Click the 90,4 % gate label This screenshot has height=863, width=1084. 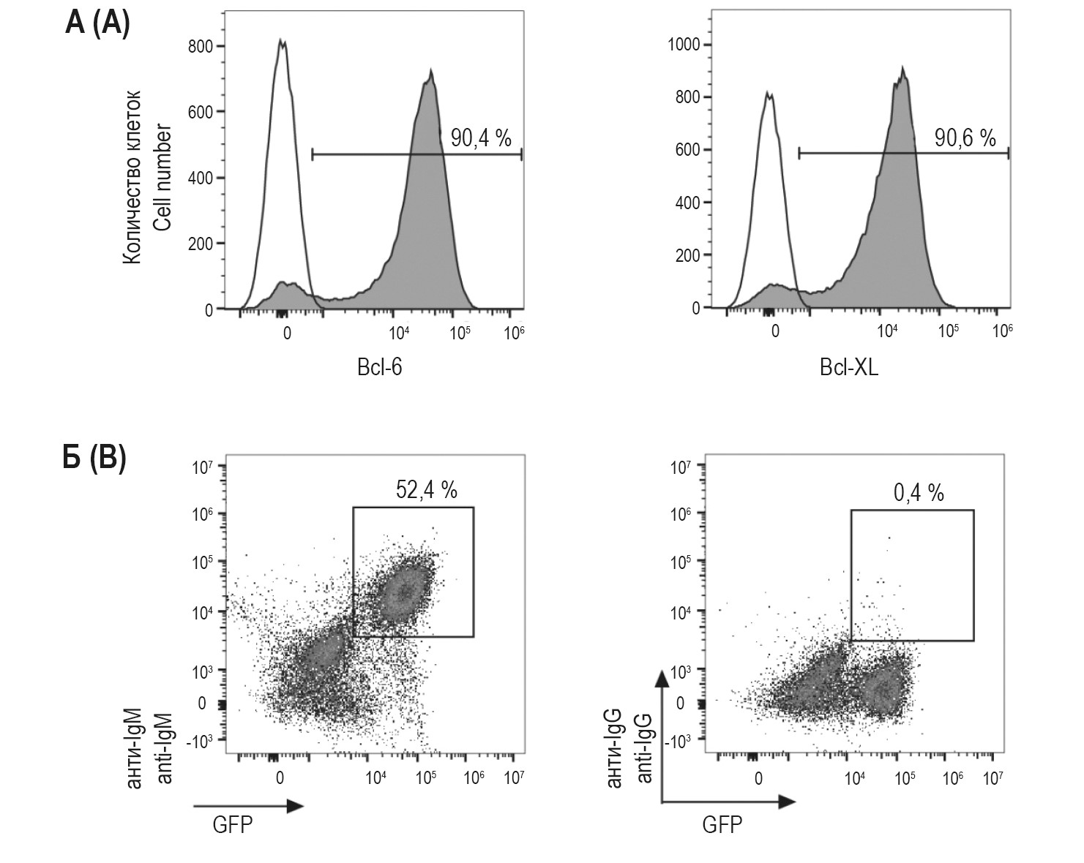point(480,137)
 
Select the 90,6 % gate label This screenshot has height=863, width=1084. point(965,137)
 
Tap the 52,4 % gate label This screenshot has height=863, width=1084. point(426,490)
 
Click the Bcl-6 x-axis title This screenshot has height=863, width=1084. point(379,367)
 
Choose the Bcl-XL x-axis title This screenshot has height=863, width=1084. point(848,367)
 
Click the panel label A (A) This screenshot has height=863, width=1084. point(97,23)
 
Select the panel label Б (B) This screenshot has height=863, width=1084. point(94,459)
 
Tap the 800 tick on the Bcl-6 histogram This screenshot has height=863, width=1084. point(202,46)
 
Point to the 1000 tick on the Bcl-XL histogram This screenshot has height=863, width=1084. point(684,45)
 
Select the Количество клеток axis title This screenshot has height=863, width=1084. point(132,178)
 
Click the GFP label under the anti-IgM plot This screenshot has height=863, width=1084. point(232,825)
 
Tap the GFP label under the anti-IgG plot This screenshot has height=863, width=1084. point(722,825)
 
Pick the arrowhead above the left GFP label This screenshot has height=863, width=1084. point(294,806)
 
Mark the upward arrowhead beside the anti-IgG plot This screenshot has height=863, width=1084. point(662,679)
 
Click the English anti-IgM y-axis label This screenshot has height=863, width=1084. point(165,748)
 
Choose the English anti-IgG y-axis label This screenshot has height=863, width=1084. point(645,748)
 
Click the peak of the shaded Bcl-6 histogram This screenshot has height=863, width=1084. point(431,72)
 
